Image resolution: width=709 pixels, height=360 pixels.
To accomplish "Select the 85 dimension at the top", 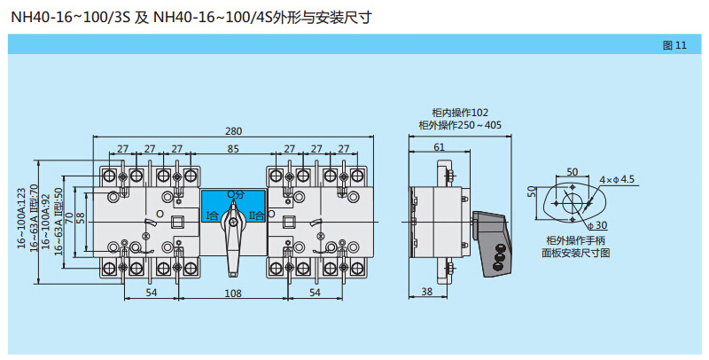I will coord(233,148).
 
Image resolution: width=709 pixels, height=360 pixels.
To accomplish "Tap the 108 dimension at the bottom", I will coord(232,292).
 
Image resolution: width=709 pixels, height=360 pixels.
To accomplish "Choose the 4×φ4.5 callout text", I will coord(617,180).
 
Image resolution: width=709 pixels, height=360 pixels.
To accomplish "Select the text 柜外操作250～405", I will coord(460,126).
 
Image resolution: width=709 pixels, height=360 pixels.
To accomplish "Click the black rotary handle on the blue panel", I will coord(233,227).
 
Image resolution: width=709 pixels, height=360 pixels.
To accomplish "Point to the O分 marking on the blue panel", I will coord(233,193).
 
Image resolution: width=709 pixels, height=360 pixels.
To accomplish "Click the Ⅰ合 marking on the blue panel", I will coord(213,215).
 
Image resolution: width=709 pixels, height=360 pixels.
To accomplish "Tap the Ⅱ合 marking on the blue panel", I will coord(255,215).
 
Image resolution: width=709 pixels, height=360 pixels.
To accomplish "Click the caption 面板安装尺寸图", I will coord(576,253).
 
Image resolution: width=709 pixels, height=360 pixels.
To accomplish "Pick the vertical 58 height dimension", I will coord(81,216).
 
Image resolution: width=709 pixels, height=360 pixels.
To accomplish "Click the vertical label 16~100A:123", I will coord(22,217).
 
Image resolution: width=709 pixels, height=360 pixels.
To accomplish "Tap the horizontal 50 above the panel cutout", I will coord(572,172).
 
